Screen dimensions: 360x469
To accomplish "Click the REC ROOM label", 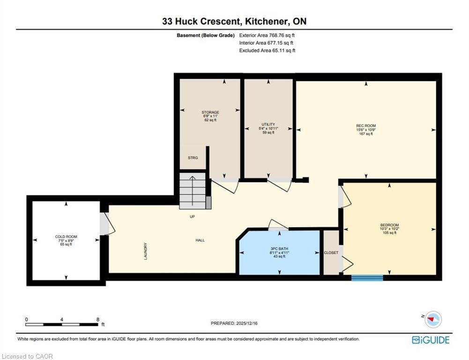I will click(366, 126).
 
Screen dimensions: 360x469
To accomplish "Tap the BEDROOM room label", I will click(389, 225).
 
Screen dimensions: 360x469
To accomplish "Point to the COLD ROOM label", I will click(66, 237).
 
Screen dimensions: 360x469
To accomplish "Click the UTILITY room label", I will click(268, 124).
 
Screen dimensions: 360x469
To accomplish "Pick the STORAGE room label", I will click(210, 112).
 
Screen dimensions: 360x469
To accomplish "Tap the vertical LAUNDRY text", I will click(146, 251).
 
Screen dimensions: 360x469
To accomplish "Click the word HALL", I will click(200, 240).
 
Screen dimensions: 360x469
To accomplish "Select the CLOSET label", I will click(331, 253).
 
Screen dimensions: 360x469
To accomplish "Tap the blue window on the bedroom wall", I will click(367, 277).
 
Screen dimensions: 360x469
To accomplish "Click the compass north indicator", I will click(433, 319).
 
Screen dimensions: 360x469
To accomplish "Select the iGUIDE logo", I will click(431, 340).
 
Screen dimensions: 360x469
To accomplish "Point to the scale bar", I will click(62, 324).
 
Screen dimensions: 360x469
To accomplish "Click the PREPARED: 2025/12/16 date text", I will click(235, 323).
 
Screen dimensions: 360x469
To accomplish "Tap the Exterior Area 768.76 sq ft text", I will click(267, 35).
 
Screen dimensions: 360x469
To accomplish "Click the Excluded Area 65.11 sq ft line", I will click(267, 50).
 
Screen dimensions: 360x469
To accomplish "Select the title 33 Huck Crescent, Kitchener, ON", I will click(234, 22).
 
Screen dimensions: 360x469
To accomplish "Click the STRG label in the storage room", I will click(193, 158).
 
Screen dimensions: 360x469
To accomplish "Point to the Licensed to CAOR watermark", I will click(28, 356).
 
